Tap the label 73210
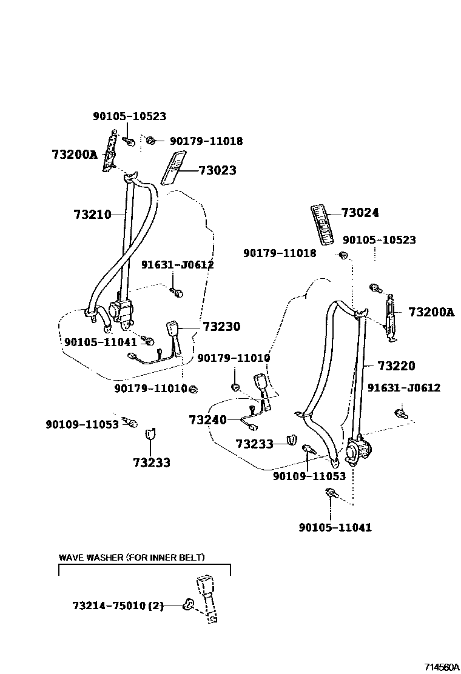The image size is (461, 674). coord(92,214)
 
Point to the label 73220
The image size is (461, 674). coord(396,365)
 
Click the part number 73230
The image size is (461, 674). coord(221,327)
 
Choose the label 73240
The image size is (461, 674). coord(207,420)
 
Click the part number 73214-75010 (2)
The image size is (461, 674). coord(118,606)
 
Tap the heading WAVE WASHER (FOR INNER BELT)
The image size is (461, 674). coord(132,557)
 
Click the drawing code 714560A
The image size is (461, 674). coord(440,667)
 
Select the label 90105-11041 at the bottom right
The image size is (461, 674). coord(335,527)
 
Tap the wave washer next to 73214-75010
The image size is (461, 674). coord(188,604)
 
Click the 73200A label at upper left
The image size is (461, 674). coord(74,154)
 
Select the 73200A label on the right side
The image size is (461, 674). coord(431,312)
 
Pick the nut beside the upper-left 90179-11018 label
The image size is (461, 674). coord(152,141)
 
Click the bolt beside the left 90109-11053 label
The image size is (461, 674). coord(130,421)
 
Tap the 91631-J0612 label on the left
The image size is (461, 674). coord(178,265)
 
